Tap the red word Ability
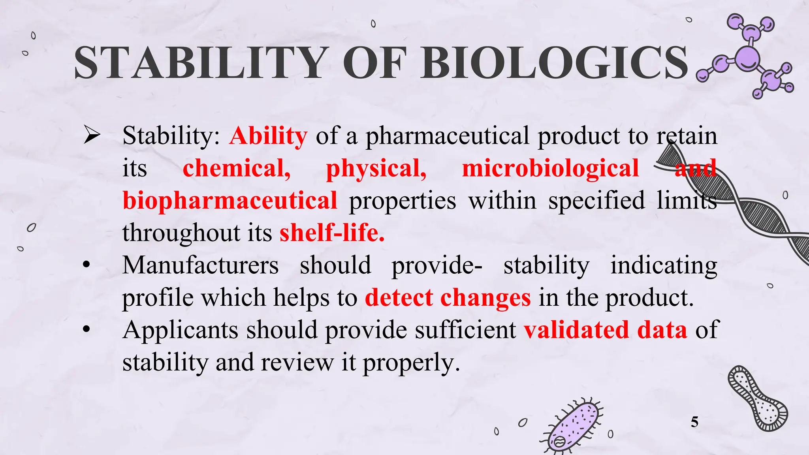(268, 136)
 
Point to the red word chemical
(236, 169)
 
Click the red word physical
(376, 169)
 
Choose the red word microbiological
(550, 169)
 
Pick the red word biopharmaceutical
(230, 201)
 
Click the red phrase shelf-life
(332, 233)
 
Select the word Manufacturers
(200, 265)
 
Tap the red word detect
(399, 298)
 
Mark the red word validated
(576, 330)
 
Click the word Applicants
(181, 330)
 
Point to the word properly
(411, 363)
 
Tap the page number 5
(694, 422)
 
